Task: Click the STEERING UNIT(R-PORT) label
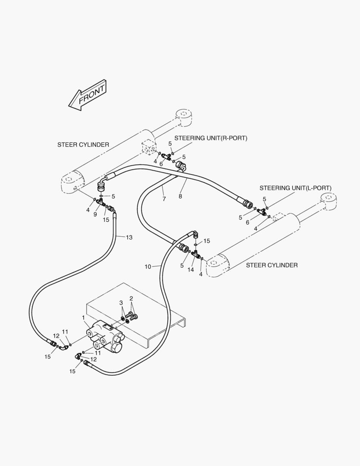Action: pos(211,138)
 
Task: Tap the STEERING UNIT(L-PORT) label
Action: pos(295,188)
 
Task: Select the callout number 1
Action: pos(83,318)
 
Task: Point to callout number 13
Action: pos(129,237)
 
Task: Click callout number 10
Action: pos(148,267)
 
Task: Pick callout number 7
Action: pos(164,199)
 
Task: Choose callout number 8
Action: pos(180,196)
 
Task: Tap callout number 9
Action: pos(95,214)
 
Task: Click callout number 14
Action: pos(191,270)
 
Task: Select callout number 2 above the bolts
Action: pos(131,298)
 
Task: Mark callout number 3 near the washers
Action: pos(121,302)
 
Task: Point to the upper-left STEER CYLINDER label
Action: pos(83,145)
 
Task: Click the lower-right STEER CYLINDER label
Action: pos(272,265)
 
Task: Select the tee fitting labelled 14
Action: pos(197,255)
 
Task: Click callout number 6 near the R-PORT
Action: pos(161,164)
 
